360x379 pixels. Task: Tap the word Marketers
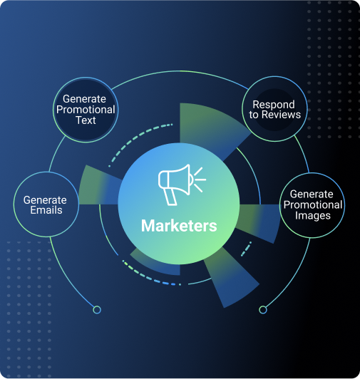coord(179,226)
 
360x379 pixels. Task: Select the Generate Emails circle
coord(46,204)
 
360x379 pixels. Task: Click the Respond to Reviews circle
coord(274,109)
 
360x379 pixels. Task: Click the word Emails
coord(46,209)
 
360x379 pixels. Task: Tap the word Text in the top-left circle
coord(86,120)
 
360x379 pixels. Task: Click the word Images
coord(312,216)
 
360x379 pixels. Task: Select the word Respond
coord(274,105)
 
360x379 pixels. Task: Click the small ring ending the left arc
coord(97,310)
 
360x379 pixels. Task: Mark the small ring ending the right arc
coord(263,310)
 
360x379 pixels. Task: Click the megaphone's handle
coord(171,197)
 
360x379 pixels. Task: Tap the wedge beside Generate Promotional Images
coord(259,221)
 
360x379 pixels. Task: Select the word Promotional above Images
coord(313,205)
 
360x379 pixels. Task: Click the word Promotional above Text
coord(86,110)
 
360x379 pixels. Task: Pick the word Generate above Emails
coord(45,200)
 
